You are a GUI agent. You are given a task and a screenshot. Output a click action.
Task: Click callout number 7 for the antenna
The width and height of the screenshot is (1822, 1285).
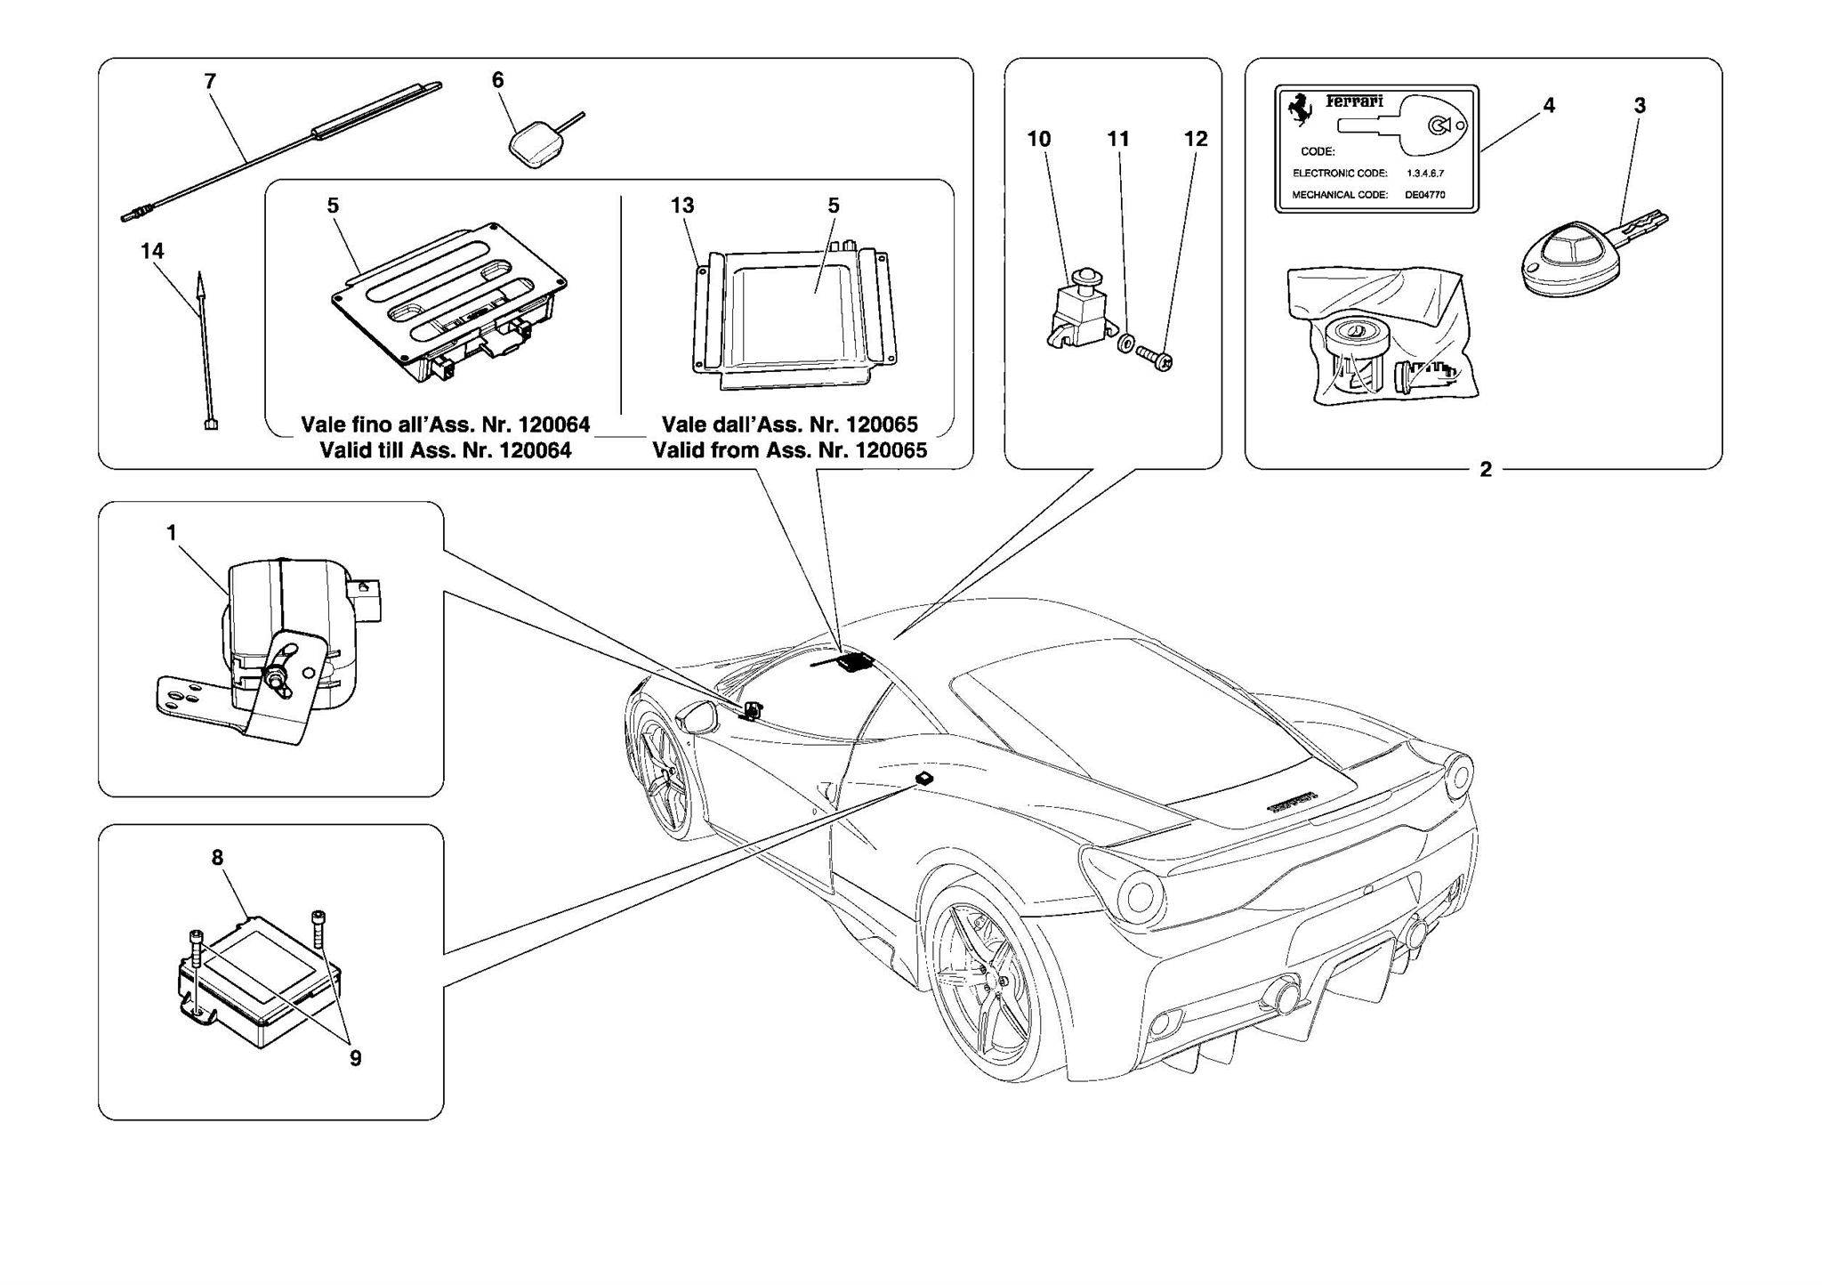(210, 82)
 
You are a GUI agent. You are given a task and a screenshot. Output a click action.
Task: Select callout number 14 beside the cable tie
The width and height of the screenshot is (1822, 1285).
(152, 252)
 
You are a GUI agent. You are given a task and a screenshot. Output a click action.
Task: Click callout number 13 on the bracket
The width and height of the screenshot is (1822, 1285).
(682, 206)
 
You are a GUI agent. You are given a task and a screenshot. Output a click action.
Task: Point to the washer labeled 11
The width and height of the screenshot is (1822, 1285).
(1125, 343)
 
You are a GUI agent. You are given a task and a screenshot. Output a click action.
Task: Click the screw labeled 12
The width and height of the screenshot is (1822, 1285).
(1155, 358)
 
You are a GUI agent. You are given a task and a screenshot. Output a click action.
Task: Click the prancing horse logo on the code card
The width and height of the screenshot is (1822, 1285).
(1301, 109)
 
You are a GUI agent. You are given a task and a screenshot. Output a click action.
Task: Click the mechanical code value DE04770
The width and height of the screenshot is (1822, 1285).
(1425, 195)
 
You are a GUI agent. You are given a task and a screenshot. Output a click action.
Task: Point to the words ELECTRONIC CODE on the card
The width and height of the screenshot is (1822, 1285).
(1340, 174)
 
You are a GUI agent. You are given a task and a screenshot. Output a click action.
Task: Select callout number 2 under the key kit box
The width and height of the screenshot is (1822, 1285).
(1485, 470)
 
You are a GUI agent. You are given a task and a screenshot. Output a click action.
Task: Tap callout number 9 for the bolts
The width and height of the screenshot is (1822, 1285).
(355, 1058)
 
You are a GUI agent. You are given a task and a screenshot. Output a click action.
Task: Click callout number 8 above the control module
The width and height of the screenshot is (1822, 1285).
(217, 858)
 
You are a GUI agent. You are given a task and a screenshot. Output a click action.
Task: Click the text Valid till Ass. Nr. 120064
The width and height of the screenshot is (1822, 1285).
(445, 450)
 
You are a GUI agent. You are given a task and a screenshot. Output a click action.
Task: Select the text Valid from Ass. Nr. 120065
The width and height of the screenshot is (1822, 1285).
(789, 450)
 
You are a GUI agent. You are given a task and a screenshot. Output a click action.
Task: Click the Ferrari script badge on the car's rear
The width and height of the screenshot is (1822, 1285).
(1292, 803)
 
